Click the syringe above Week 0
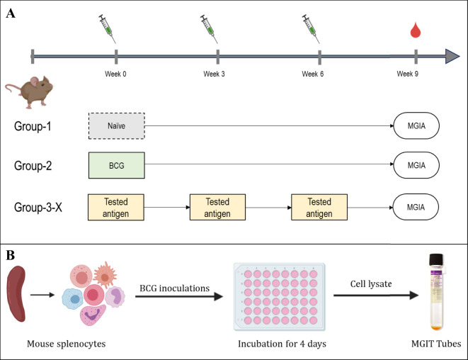coord(107,28)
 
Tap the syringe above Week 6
coord(311,28)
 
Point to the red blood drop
coord(416,30)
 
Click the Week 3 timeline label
coord(214,74)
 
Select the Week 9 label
coord(407,74)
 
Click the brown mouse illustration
coord(29,91)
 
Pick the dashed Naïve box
coord(117,125)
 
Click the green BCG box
coord(117,165)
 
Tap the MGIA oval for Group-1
coord(416,125)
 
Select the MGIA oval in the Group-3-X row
coord(416,207)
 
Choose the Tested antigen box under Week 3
coord(217,208)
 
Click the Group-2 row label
coord(33,166)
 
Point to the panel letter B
coord(11,256)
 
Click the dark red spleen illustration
coord(16,294)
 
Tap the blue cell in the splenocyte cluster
coord(72,299)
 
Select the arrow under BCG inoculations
coord(179,296)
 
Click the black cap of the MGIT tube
coord(436,259)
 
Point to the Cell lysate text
coord(371,283)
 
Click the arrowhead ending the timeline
coord(452,56)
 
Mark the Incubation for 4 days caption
coord(282,344)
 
